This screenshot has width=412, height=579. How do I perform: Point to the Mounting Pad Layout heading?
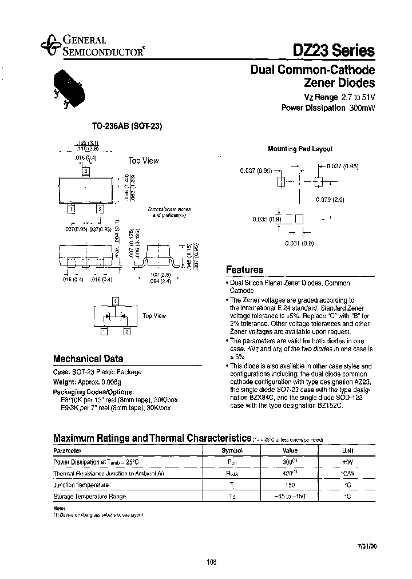pyautogui.click(x=300, y=149)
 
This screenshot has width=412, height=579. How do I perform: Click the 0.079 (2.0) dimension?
pyautogui.click(x=330, y=200)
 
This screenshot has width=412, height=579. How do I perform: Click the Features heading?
pyautogui.click(x=245, y=269)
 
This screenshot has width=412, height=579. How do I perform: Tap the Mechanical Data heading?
pyautogui.click(x=88, y=359)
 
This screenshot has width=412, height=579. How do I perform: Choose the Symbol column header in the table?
pyautogui.click(x=232, y=450)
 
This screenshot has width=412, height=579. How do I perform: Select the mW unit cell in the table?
pyautogui.click(x=347, y=462)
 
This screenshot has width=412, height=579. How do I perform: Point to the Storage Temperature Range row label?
pyautogui.click(x=89, y=496)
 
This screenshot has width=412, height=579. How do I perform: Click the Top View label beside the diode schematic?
pyautogui.click(x=154, y=315)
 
